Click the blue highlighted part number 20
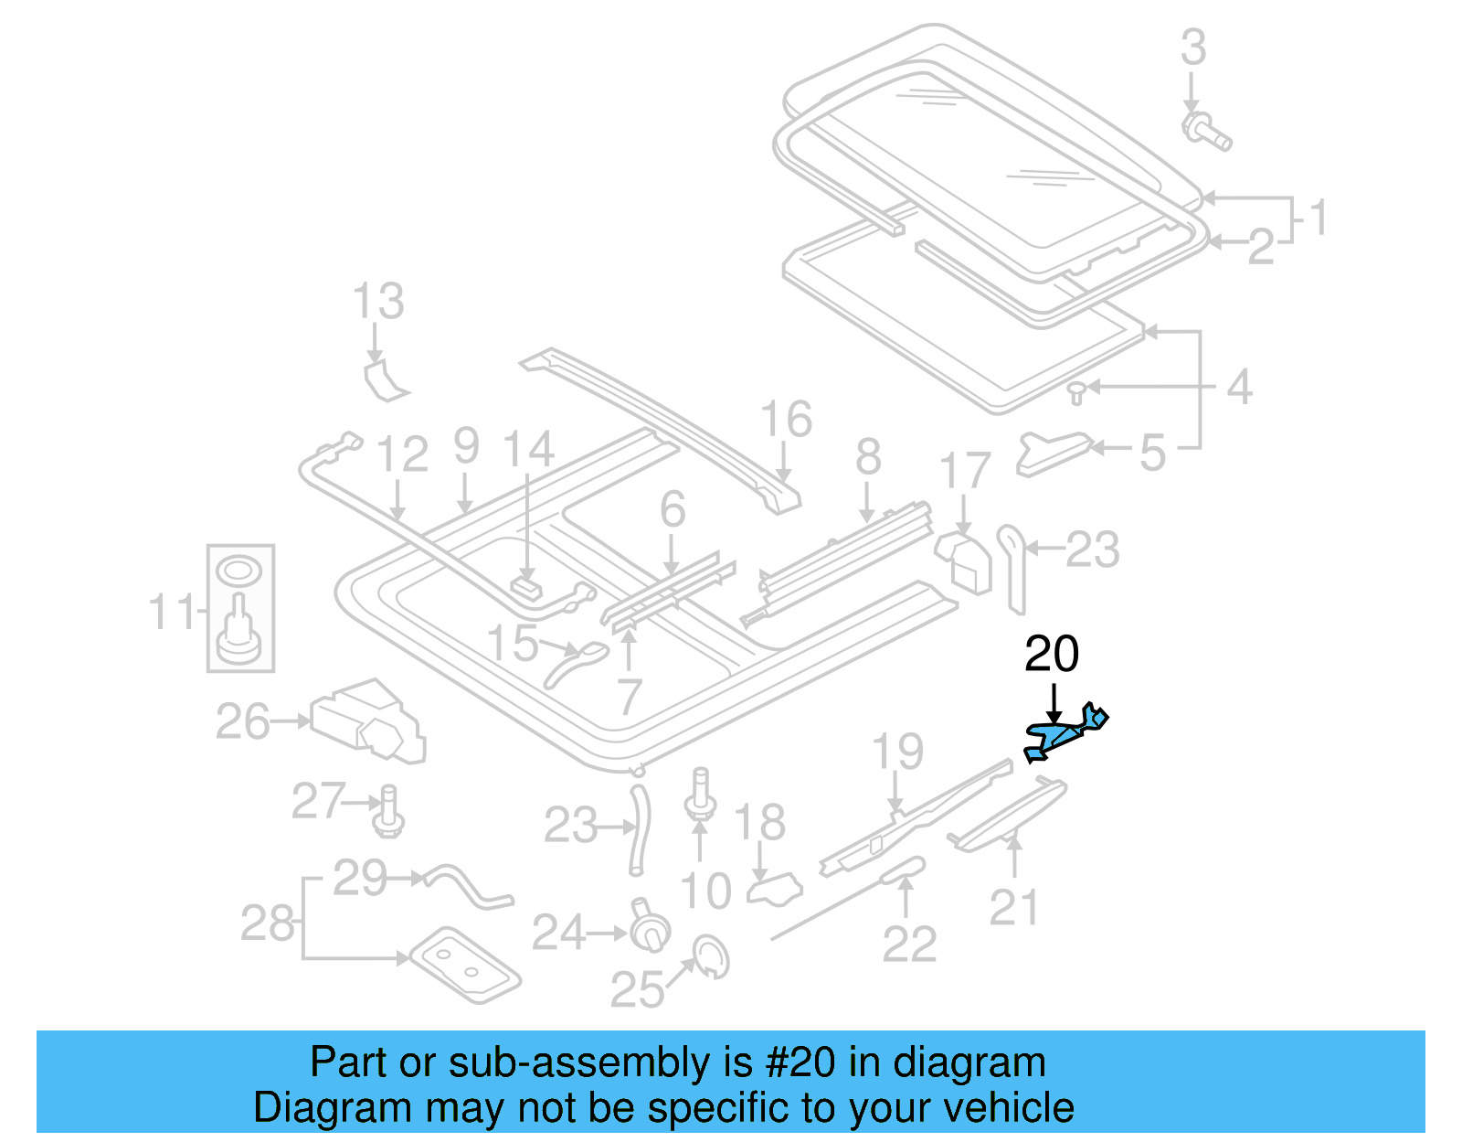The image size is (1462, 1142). (x=1065, y=734)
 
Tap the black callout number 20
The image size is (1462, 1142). (x=1051, y=655)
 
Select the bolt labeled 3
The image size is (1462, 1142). (x=1206, y=131)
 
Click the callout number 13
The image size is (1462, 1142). (x=378, y=301)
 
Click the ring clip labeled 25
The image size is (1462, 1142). (x=711, y=957)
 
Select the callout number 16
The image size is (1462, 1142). (x=786, y=419)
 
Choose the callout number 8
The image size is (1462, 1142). (x=868, y=456)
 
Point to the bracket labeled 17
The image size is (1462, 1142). (x=963, y=560)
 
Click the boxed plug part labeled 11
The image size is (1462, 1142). (x=239, y=608)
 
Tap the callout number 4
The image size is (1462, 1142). (x=1238, y=387)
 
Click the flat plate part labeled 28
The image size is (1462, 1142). (x=464, y=965)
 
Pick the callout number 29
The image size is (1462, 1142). (x=360, y=878)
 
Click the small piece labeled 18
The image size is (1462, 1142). (x=775, y=888)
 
